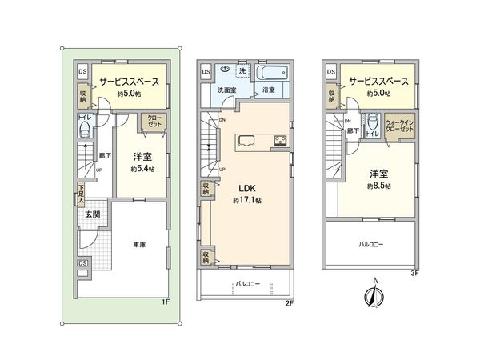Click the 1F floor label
click(164, 302)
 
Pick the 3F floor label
click(414, 273)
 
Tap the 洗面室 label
click(226, 90)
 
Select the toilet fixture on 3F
click(370, 122)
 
